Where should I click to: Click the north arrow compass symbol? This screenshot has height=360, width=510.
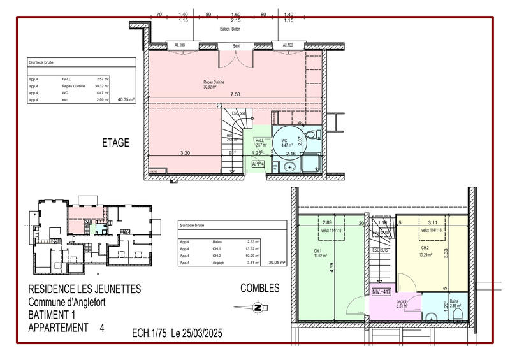coord(257,308)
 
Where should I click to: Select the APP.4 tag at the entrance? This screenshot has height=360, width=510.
coord(259,164)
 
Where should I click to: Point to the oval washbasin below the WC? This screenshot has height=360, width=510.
coord(289,166)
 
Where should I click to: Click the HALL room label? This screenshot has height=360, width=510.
coord(259,141)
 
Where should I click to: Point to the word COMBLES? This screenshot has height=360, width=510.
coord(259,289)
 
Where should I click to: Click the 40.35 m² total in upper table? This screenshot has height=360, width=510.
coord(127,99)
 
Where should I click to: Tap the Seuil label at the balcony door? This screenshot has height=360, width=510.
coord(236,45)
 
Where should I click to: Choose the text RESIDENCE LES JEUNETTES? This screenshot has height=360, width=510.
coord(85,289)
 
